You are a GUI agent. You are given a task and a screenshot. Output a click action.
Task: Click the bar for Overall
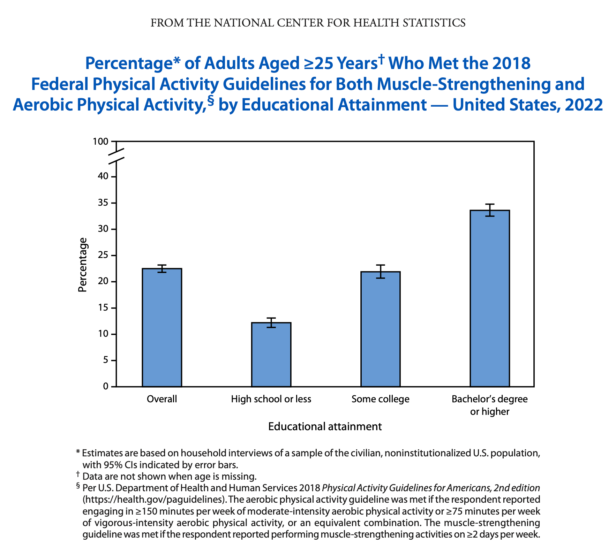[x=162, y=327]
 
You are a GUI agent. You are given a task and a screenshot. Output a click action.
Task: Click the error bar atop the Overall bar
[x=162, y=268]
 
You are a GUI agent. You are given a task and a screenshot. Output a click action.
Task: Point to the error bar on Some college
[x=381, y=272]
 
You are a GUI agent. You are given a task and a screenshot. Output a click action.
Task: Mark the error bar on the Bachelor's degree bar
[x=490, y=210]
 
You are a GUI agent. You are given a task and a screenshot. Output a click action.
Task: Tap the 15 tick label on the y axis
[x=103, y=308]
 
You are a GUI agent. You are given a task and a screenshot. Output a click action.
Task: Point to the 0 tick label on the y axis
[x=105, y=387]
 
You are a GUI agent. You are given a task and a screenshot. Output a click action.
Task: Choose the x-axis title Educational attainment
[x=325, y=427]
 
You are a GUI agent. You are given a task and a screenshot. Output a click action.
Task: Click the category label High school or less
[x=271, y=399]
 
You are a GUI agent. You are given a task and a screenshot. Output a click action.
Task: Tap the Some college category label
[x=380, y=399]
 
